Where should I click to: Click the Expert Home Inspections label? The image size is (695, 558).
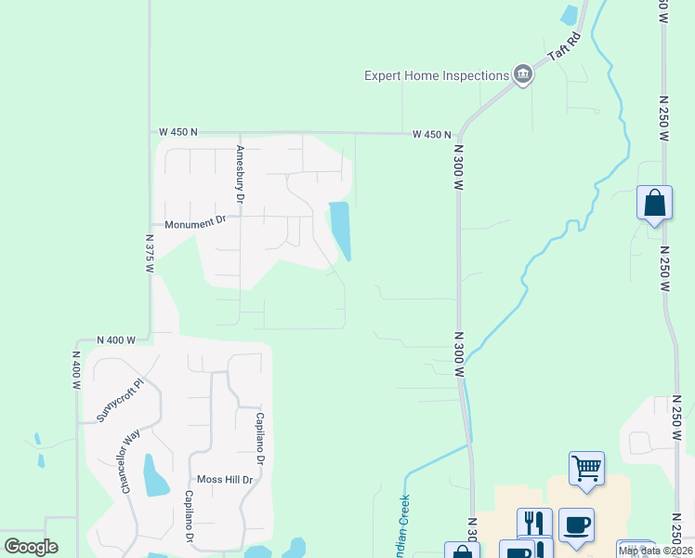436,75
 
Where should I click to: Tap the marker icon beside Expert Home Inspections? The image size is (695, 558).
522,75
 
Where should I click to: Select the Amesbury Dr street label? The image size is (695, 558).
240,175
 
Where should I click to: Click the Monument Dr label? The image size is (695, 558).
195,223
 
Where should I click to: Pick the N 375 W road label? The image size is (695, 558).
149,252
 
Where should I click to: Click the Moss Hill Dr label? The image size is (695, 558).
221,480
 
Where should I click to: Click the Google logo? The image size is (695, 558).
31,547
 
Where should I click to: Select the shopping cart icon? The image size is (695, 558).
586,468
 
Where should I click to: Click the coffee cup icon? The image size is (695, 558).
576,524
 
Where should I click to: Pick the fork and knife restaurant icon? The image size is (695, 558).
534,524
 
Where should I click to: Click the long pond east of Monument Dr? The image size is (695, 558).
341,230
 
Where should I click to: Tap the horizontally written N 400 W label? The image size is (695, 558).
116,340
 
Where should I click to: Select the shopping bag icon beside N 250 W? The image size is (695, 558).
654,202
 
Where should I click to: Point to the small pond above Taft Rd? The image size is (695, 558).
569,15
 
